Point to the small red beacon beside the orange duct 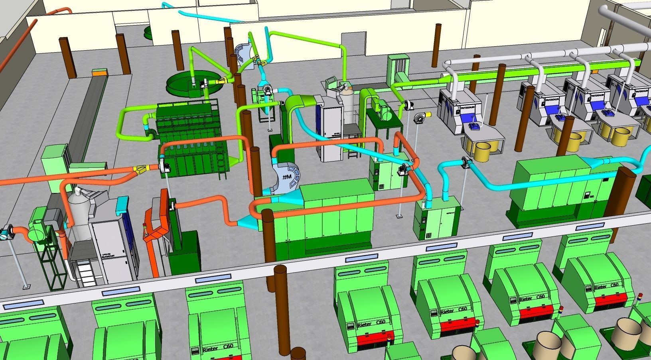144,226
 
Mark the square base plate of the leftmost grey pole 26,286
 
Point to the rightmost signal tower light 639,297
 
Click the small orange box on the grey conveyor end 100,72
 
